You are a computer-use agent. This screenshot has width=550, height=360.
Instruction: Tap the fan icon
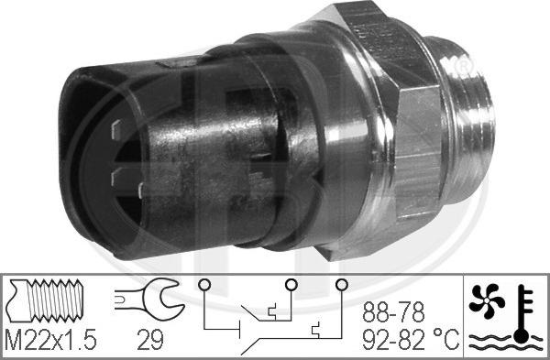pos(487,300)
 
